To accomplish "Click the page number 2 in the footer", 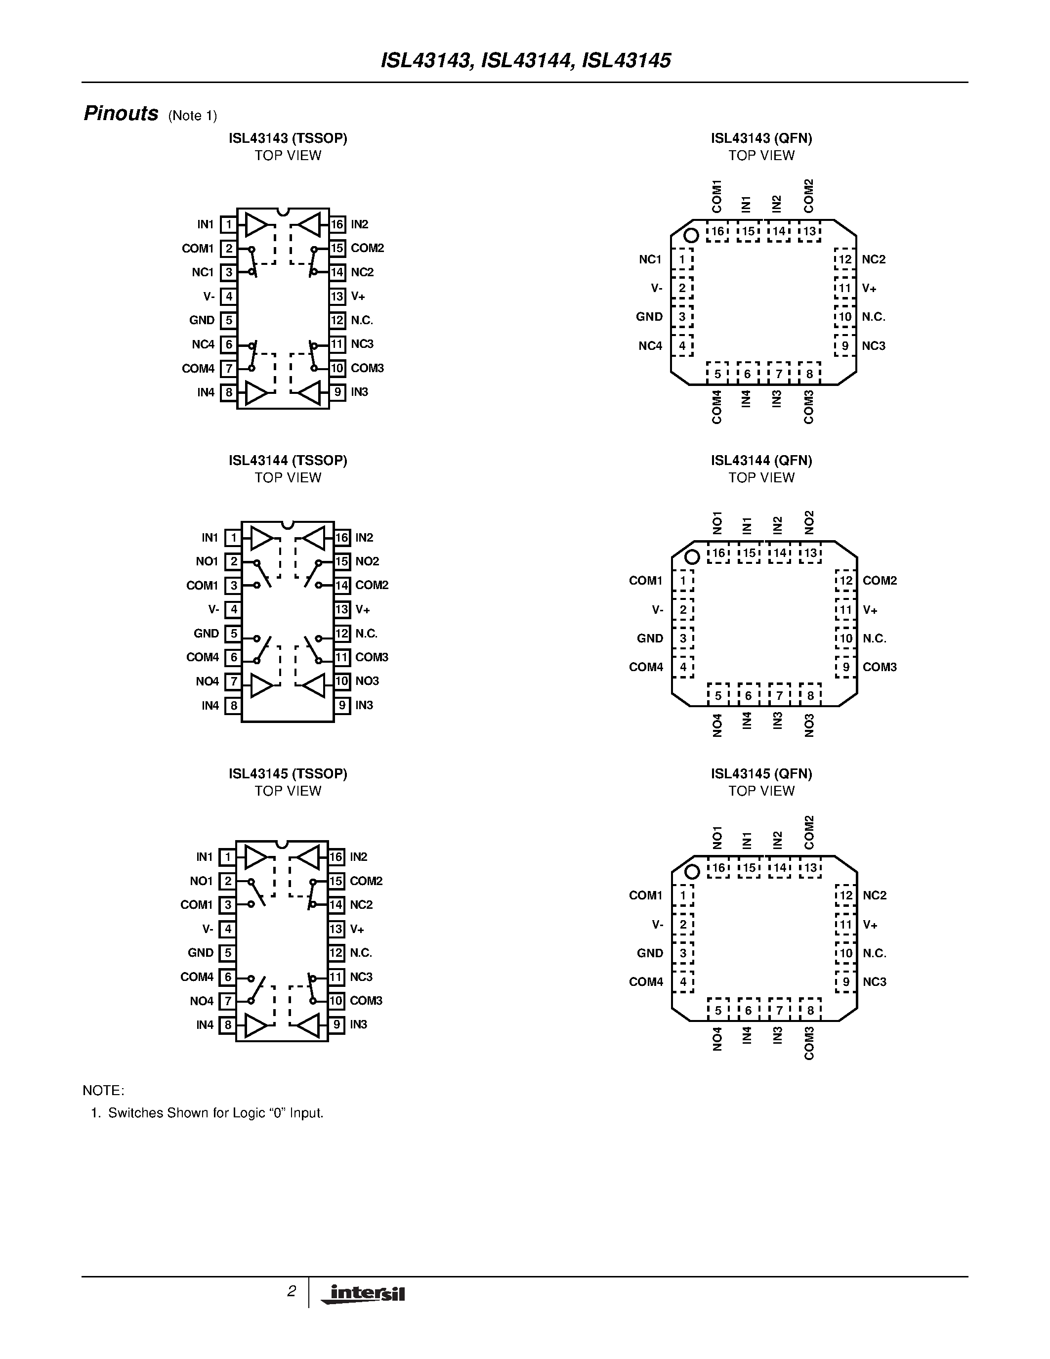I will (291, 1291).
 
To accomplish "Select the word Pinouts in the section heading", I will (121, 114).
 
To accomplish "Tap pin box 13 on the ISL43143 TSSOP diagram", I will (337, 296).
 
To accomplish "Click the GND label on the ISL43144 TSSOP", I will (206, 634).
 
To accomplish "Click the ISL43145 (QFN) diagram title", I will (761, 773).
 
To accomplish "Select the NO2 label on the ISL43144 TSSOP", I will (367, 561).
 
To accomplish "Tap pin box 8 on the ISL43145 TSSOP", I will (228, 1025).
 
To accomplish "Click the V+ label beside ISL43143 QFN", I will (869, 288).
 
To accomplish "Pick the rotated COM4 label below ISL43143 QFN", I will (716, 407).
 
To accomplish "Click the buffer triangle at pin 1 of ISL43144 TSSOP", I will (262, 538).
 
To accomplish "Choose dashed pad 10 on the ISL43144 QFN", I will (845, 638).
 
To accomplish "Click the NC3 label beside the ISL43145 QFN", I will (874, 982).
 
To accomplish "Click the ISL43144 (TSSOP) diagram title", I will (288, 461).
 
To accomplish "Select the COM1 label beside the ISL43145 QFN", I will (646, 895).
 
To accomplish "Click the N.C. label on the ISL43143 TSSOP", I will (361, 320).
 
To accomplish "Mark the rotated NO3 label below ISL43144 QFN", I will (809, 725).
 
